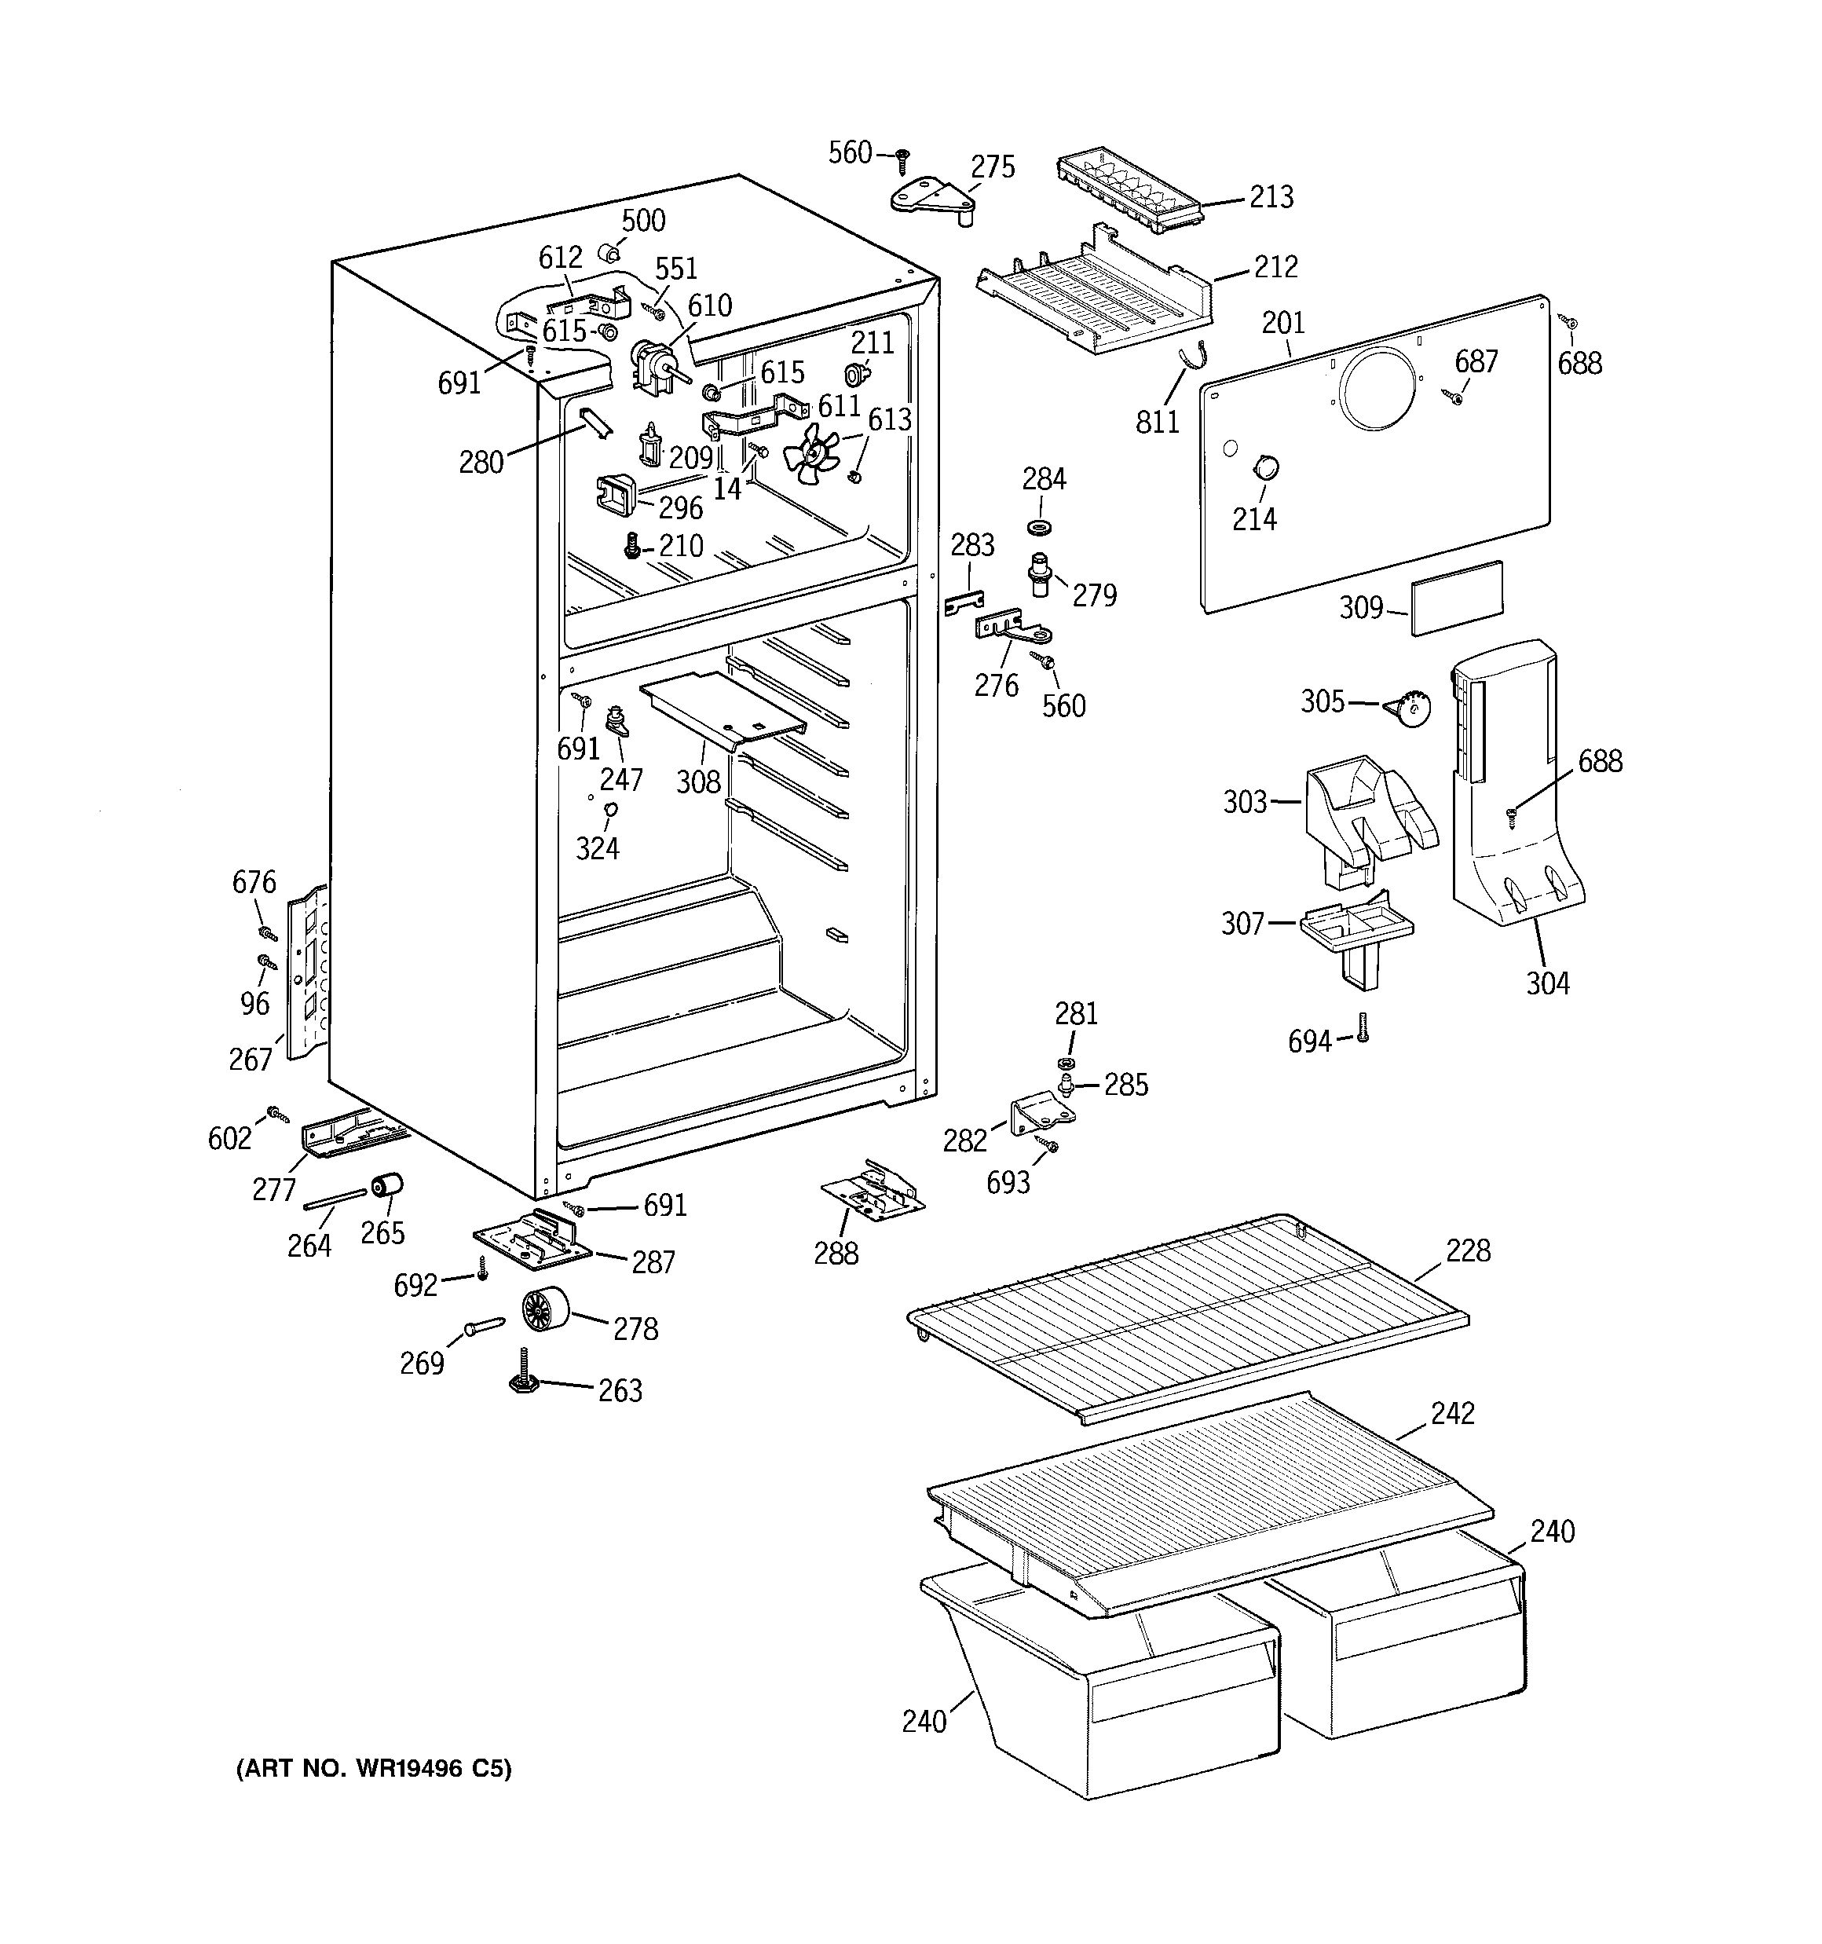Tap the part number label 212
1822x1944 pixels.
pyautogui.click(x=1275, y=266)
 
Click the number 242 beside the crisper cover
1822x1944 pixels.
pyautogui.click(x=1451, y=1413)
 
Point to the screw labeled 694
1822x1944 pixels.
pyautogui.click(x=1363, y=1027)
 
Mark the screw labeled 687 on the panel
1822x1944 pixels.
pyautogui.click(x=1454, y=396)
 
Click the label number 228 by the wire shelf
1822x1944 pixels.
pyautogui.click(x=1468, y=1250)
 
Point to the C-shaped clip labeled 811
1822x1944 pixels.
pyautogui.click(x=1191, y=359)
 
